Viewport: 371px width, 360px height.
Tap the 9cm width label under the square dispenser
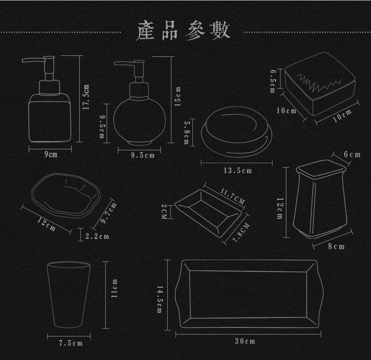click(50, 155)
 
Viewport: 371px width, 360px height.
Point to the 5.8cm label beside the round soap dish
click(186, 132)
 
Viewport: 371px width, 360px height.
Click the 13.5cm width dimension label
click(237, 171)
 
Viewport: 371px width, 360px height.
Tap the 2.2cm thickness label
click(97, 236)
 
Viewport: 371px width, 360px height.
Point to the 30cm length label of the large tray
click(245, 342)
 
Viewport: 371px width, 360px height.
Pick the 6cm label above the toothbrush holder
click(352, 155)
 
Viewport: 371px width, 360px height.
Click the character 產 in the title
click(146, 31)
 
